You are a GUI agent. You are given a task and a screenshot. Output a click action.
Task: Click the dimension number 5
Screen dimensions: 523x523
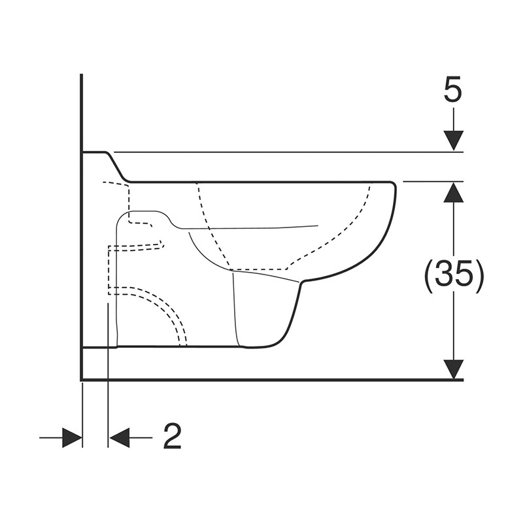coord(452,91)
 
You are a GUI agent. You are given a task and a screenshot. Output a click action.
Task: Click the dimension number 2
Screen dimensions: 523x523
coord(171,437)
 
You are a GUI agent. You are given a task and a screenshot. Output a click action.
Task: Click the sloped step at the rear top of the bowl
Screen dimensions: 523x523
coord(118,167)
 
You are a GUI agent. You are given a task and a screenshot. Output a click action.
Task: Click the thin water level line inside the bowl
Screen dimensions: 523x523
coord(261,228)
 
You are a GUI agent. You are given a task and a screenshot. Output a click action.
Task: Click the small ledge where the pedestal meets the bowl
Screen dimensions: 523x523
coord(301,282)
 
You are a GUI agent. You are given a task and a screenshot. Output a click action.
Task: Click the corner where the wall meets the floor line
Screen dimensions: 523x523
coord(81,379)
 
